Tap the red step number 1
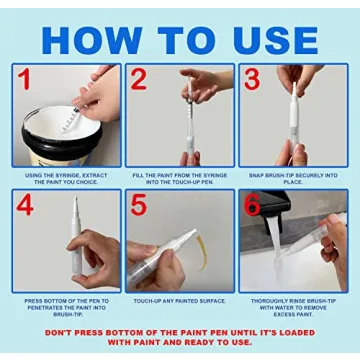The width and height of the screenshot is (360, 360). click(23, 81)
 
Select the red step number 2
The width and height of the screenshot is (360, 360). click(139, 81)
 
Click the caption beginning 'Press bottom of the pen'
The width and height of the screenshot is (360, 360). click(66, 303)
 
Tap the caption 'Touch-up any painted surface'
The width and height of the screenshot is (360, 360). click(180, 300)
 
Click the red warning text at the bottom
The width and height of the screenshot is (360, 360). click(180, 336)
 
